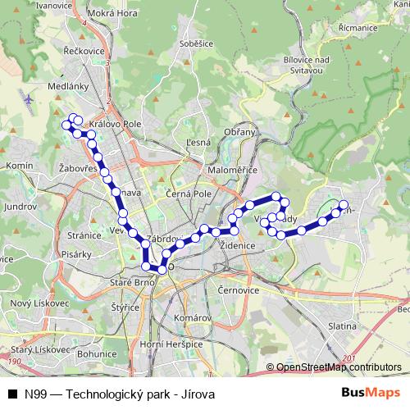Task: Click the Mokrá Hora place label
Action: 114,14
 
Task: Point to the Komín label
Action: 18,165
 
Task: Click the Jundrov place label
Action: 19,207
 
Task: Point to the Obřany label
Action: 244,132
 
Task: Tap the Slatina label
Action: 341,326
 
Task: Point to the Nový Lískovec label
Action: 31,303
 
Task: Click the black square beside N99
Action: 12,393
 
